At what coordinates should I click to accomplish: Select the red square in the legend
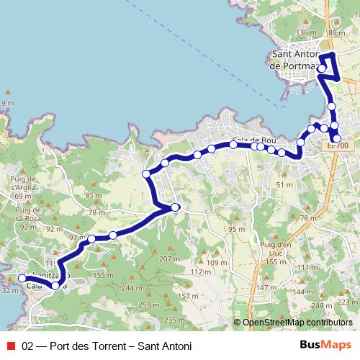click(10, 346)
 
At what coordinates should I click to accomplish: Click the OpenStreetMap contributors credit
click(293, 323)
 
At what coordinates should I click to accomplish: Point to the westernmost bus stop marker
click(22, 278)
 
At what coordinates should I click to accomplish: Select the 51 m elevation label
click(284, 185)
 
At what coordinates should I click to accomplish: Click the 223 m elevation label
click(346, 302)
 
